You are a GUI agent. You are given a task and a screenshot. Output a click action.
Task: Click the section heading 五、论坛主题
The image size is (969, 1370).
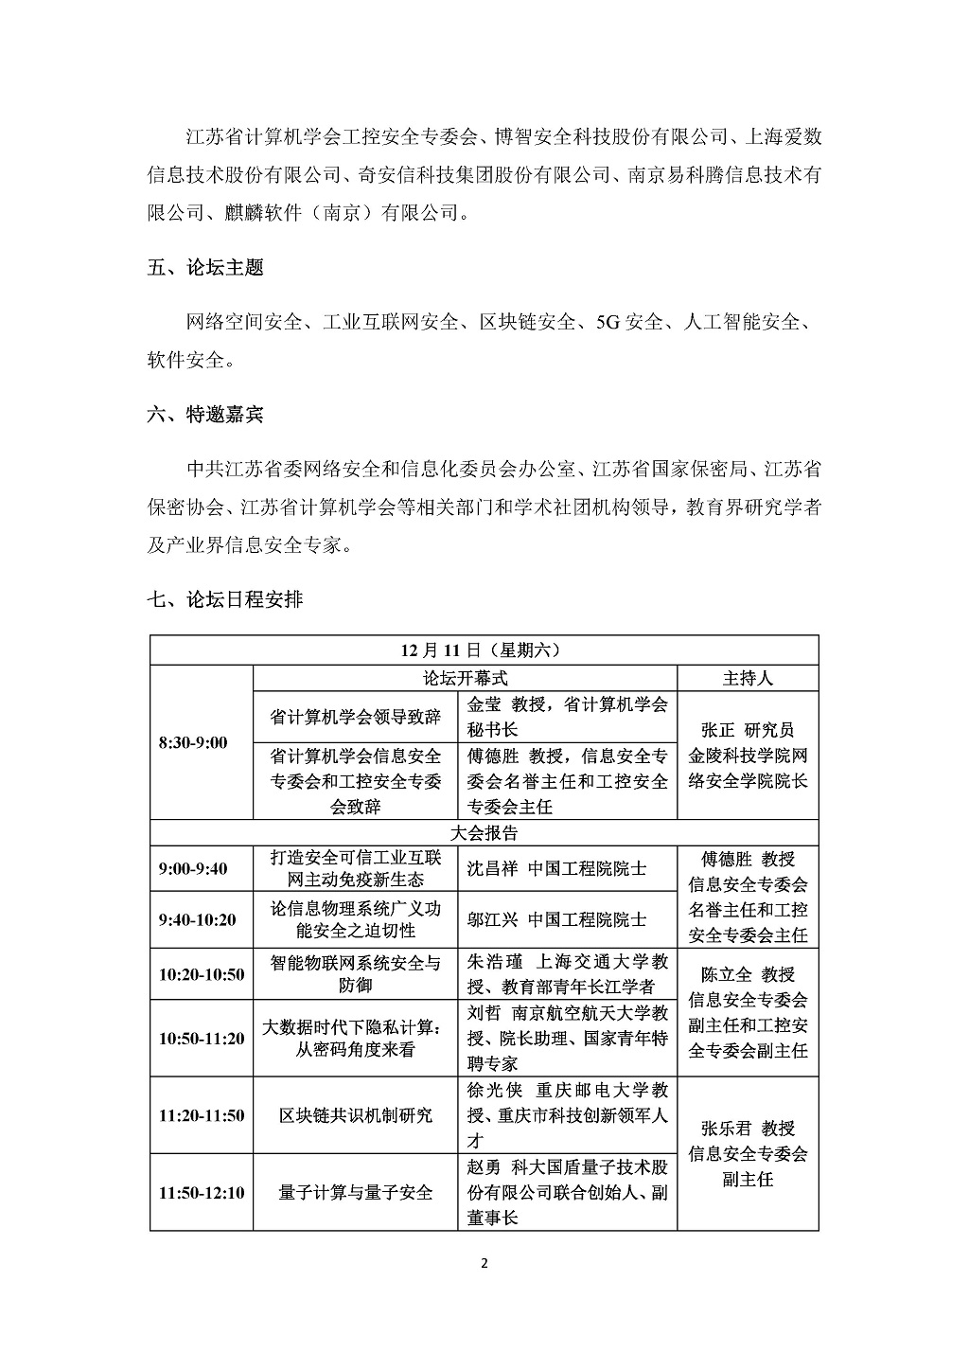(x=205, y=268)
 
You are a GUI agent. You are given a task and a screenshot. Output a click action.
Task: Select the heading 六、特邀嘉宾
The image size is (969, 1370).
(x=205, y=415)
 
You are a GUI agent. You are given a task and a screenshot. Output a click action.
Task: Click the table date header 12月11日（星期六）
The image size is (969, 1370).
(x=484, y=650)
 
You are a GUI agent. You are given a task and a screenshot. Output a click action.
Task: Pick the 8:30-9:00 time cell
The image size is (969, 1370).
(x=193, y=743)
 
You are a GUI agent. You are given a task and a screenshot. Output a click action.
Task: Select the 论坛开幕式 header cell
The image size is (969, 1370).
(x=465, y=678)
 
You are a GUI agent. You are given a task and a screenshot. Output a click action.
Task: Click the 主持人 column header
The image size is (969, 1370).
(x=748, y=678)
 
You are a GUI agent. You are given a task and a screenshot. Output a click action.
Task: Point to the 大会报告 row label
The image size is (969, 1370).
(x=484, y=832)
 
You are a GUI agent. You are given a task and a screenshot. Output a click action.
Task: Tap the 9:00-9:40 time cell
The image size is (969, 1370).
(x=193, y=868)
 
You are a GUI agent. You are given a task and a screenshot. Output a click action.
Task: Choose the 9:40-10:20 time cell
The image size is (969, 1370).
(x=198, y=919)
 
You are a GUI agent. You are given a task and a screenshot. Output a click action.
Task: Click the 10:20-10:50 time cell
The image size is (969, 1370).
(x=202, y=974)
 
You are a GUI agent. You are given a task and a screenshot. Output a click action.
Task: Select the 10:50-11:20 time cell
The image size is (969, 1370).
(x=202, y=1039)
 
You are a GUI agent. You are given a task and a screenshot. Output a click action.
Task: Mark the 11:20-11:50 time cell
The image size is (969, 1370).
(x=202, y=1115)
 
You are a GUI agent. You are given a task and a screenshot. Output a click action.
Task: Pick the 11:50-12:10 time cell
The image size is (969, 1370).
(x=202, y=1192)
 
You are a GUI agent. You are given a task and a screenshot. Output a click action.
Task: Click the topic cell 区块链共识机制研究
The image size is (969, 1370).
(x=356, y=1115)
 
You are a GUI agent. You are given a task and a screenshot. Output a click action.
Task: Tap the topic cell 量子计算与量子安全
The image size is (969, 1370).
(x=356, y=1192)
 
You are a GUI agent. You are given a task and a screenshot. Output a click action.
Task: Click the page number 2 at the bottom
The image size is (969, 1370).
(x=484, y=1264)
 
